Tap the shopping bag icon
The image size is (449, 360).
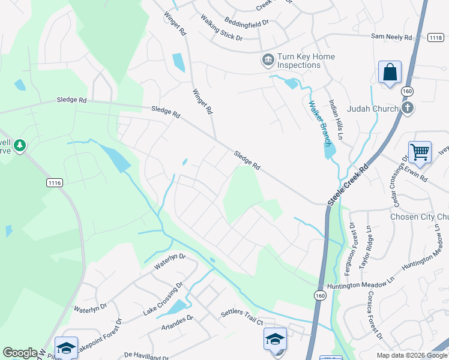click(390, 73)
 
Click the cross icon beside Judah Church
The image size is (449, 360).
click(407, 109)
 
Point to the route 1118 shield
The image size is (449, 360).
click(436, 38)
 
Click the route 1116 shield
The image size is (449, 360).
click(54, 181)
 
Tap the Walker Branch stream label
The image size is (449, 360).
click(319, 123)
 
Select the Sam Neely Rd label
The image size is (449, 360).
click(391, 37)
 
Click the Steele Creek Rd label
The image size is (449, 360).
click(348, 184)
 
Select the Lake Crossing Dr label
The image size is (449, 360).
click(163, 300)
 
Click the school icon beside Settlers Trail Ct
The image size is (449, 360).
click(275, 340)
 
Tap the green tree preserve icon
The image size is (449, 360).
click(20, 145)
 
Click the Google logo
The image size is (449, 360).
click(20, 353)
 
